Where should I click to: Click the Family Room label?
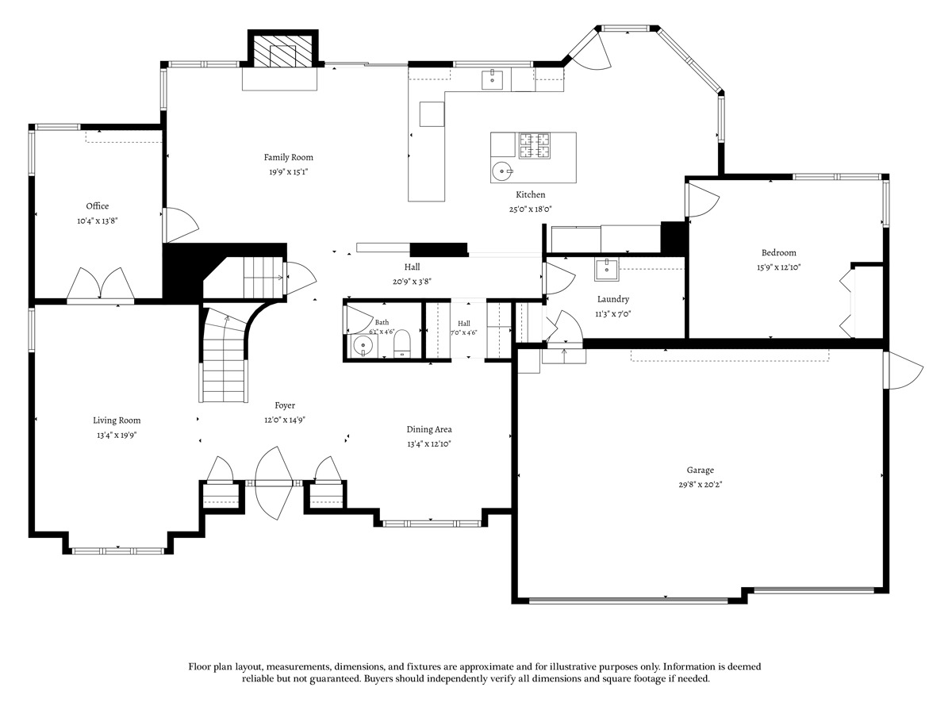[289, 157]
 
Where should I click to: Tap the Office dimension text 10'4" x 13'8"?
[98, 221]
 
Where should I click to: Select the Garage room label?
[700, 470]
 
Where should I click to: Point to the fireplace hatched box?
[282, 51]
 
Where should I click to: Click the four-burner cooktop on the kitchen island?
[535, 146]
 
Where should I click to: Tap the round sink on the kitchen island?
[502, 171]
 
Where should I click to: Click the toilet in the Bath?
[402, 344]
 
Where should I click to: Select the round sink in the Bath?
[363, 346]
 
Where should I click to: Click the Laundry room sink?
[607, 270]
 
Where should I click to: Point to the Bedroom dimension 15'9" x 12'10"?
[778, 267]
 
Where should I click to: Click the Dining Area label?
[429, 429]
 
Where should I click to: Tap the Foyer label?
[285, 405]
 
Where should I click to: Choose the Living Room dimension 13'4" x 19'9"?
[117, 435]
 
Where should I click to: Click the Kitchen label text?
[531, 194]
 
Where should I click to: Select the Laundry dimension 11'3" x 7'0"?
[612, 313]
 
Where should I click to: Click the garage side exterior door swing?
[904, 370]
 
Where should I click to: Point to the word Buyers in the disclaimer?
[378, 678]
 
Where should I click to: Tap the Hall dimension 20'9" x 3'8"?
[412, 282]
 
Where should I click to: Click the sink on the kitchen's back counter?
[493, 80]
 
